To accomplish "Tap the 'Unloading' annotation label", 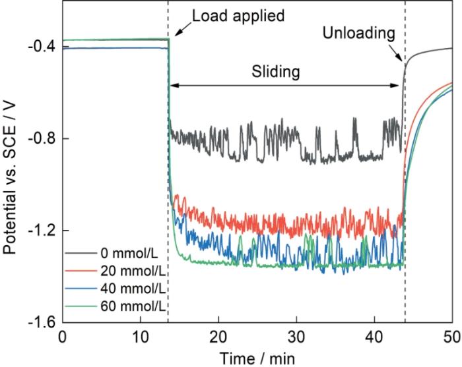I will [359, 32].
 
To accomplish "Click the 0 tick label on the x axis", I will [62, 336].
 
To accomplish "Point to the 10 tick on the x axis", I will [140, 336].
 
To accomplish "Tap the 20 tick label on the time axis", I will [218, 336].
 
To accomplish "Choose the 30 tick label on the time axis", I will [296, 336].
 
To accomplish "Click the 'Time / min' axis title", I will [257, 356].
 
